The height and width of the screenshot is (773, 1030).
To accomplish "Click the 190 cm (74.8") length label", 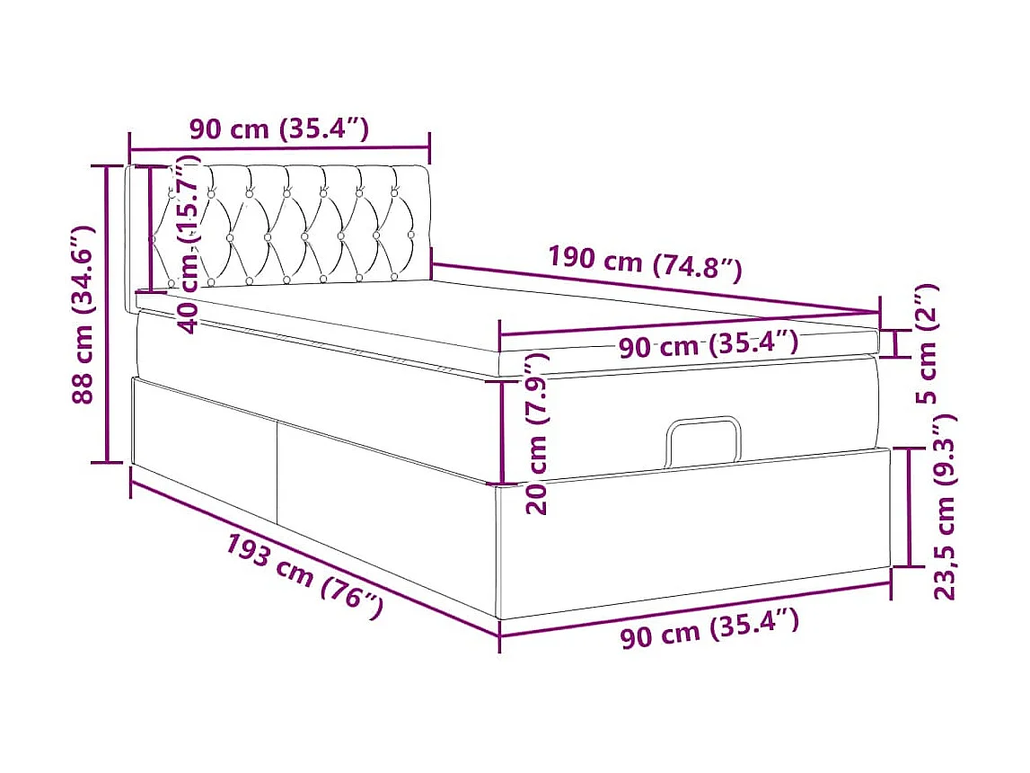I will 645,262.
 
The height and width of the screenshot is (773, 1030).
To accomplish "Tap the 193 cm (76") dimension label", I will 304,575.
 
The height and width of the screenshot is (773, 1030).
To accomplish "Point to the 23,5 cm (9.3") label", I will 946,508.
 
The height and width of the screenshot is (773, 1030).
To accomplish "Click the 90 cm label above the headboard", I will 278,129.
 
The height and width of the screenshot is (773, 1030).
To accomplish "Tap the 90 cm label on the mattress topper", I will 708,344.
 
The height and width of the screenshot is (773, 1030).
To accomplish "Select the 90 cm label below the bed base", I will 709,626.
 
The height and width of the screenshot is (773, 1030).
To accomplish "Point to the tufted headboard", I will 287,225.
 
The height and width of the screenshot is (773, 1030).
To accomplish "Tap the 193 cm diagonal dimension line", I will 314,558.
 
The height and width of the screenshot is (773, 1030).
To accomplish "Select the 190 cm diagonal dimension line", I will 656,288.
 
